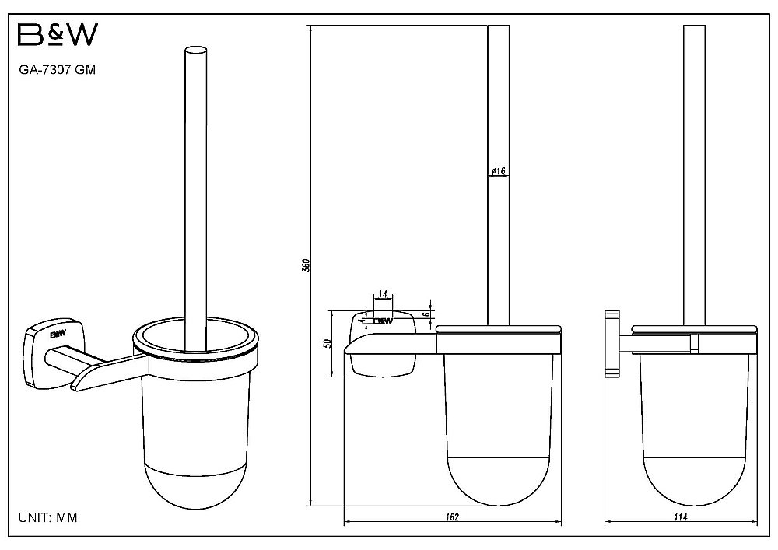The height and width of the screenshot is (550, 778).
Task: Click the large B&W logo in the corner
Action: click(x=58, y=35)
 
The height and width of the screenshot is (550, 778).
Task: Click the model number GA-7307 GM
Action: click(x=57, y=70)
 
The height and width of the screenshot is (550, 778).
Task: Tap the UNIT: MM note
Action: click(x=48, y=518)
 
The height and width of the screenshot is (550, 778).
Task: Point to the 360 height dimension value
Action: click(x=306, y=265)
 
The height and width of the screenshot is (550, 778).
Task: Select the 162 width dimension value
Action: click(x=452, y=517)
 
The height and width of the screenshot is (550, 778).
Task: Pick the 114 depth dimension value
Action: click(x=681, y=517)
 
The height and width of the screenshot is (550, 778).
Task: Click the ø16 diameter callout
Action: click(x=498, y=171)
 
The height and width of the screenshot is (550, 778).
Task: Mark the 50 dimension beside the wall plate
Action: click(x=327, y=343)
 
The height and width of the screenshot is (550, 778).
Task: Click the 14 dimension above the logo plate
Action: click(x=383, y=294)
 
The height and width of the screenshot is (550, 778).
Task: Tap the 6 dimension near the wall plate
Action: click(x=426, y=314)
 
